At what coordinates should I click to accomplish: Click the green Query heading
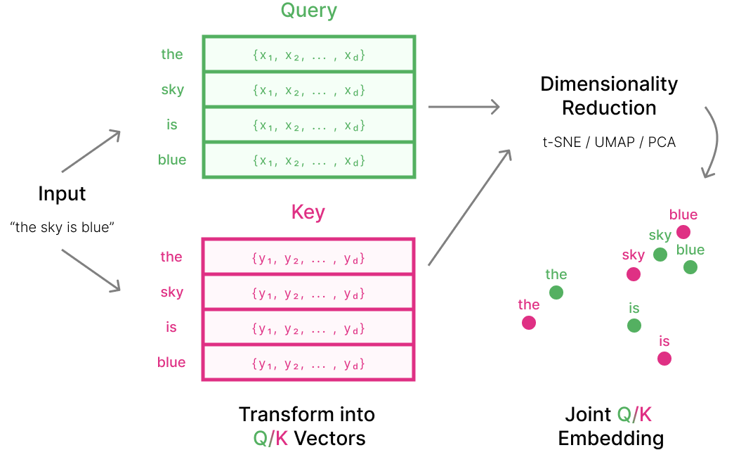(x=308, y=11)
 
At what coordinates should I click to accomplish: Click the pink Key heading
(x=308, y=212)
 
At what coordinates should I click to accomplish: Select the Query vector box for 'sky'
(x=308, y=90)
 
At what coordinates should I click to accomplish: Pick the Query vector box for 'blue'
(x=308, y=160)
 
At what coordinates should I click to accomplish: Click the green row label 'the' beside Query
(x=171, y=55)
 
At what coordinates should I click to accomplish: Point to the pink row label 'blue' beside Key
(x=171, y=362)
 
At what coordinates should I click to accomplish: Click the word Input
(x=62, y=193)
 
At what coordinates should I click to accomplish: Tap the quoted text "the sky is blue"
(x=62, y=228)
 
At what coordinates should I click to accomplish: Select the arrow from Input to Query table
(x=92, y=152)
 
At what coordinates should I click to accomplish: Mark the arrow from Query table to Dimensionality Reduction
(x=464, y=107)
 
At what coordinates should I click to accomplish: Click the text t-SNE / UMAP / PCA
(x=609, y=143)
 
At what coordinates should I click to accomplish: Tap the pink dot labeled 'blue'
(x=683, y=232)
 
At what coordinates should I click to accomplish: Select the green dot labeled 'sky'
(x=660, y=255)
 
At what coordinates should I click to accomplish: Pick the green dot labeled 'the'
(x=556, y=292)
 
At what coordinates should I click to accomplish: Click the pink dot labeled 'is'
(x=664, y=359)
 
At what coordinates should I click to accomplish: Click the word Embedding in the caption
(x=610, y=439)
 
